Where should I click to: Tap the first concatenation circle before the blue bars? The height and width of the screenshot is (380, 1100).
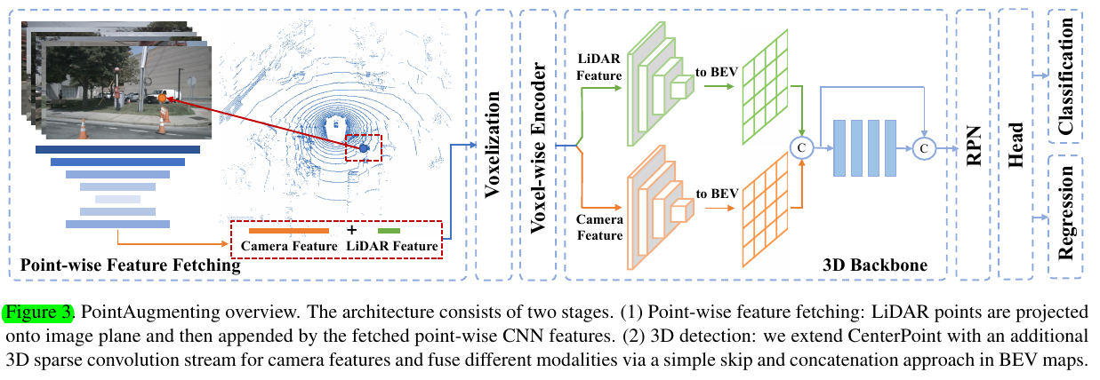(x=802, y=146)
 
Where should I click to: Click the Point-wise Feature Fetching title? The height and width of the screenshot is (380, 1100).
(x=130, y=265)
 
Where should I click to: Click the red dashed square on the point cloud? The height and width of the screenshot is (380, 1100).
(x=363, y=147)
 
